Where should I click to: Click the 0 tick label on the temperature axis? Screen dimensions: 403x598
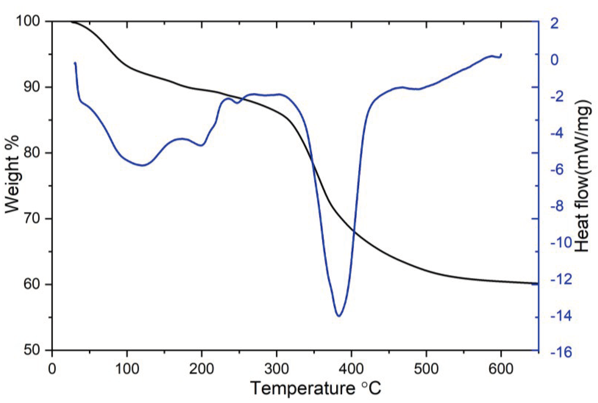pyautogui.click(x=52, y=369)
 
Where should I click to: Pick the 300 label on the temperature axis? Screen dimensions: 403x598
pyautogui.click(x=276, y=369)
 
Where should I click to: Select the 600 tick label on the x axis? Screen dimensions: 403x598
pyautogui.click(x=501, y=369)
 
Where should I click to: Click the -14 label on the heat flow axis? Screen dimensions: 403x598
pyautogui.click(x=561, y=316)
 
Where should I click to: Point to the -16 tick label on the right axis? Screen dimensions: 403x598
pyautogui.click(x=561, y=352)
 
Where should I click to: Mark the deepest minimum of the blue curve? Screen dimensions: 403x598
pyautogui.click(x=339, y=316)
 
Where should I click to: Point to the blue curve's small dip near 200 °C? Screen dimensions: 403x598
pyautogui.click(x=201, y=145)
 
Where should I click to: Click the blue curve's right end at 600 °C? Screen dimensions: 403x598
pyautogui.click(x=501, y=54)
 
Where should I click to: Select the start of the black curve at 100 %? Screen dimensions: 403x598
pyautogui.click(x=71, y=22)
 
